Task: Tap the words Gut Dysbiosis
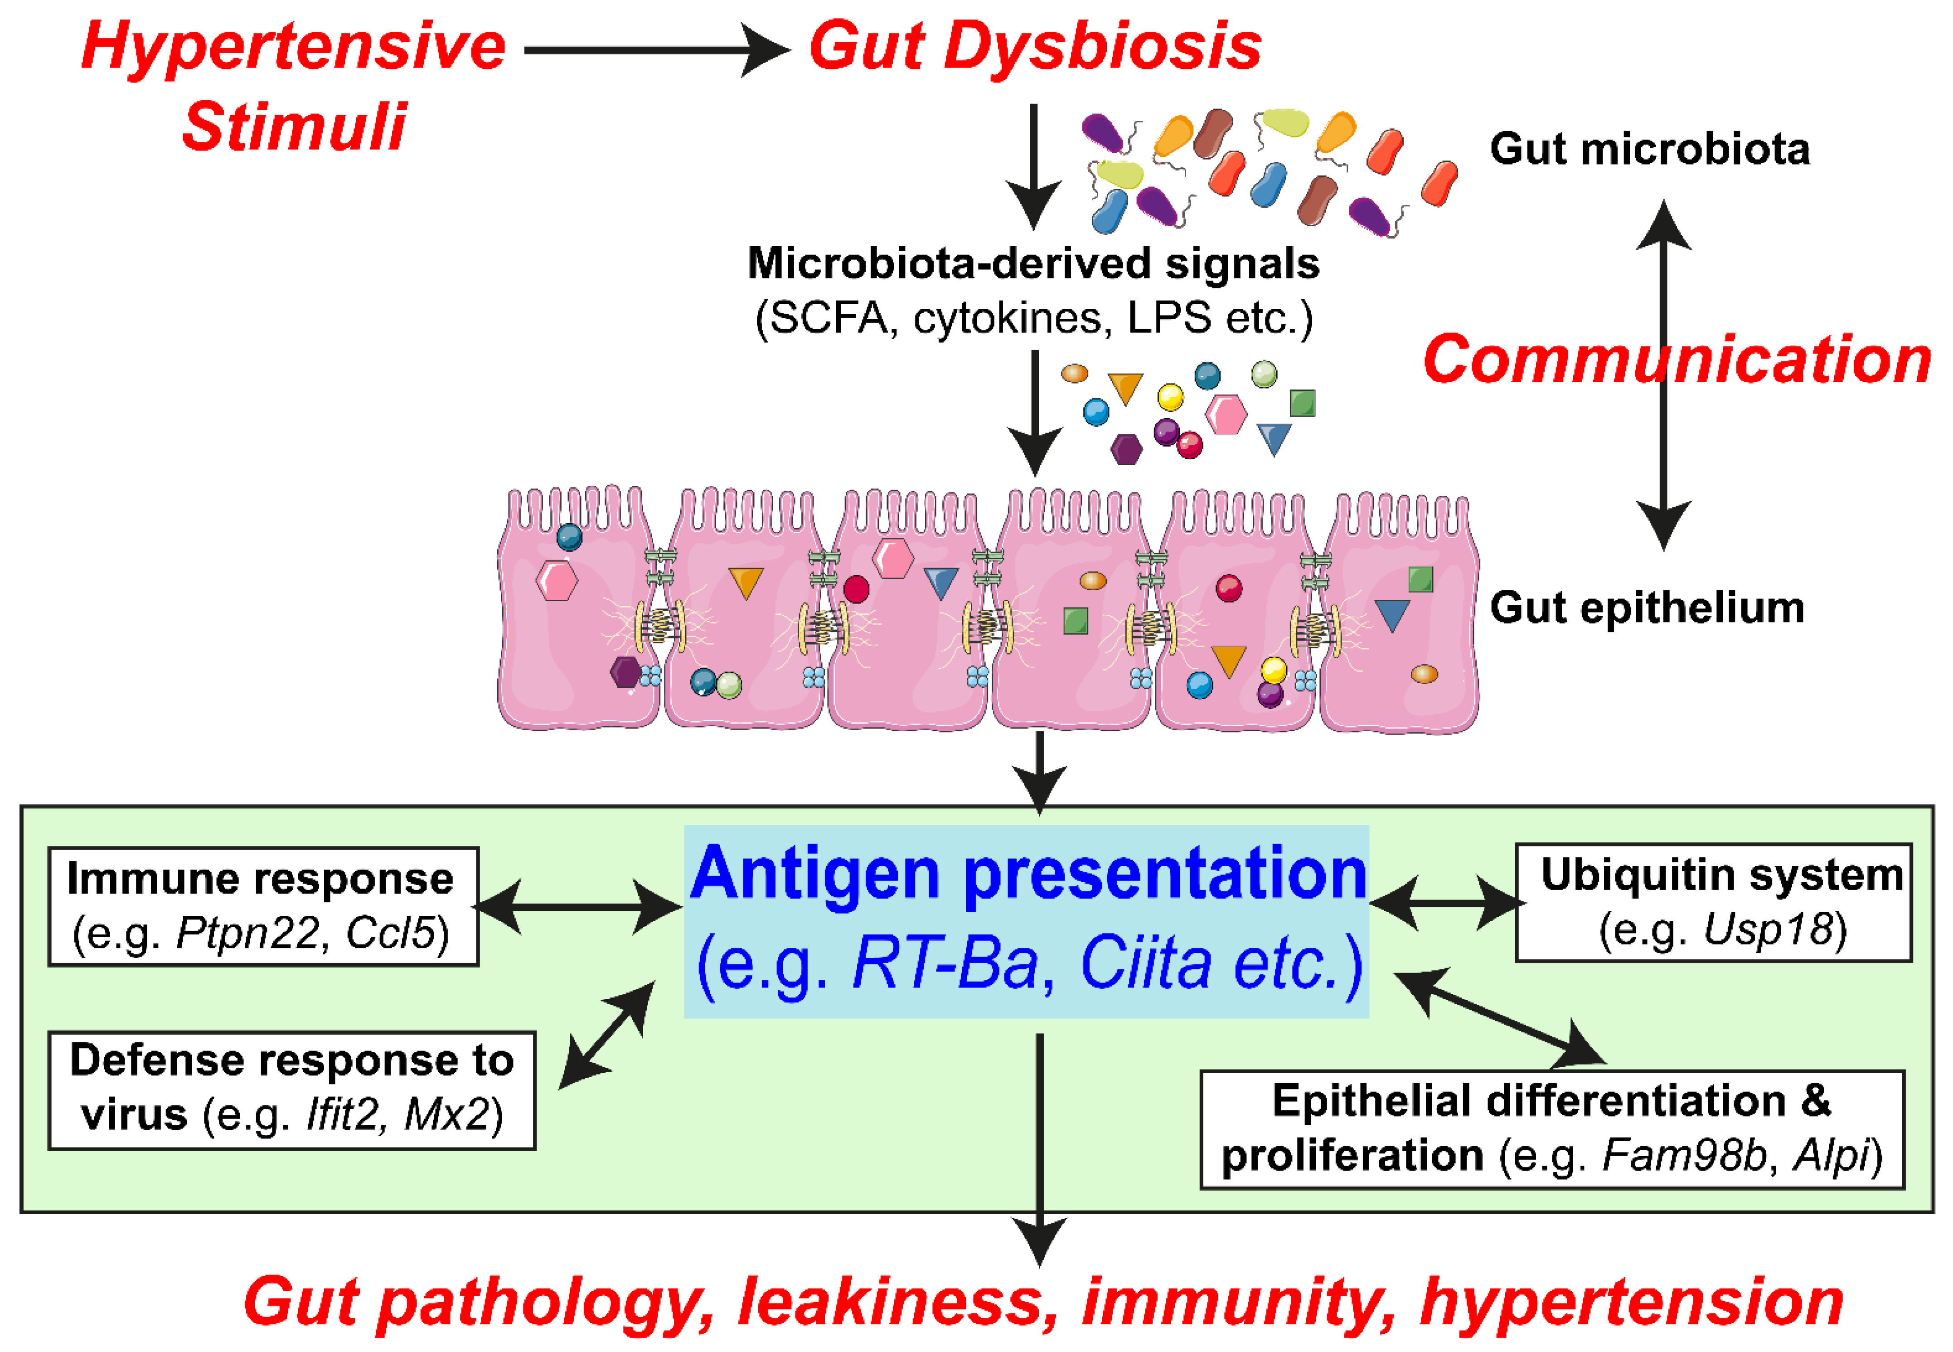pos(1034,47)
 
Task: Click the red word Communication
pos(1677,360)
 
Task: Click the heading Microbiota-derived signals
pos(1033,263)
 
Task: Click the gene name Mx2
pos(448,1115)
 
